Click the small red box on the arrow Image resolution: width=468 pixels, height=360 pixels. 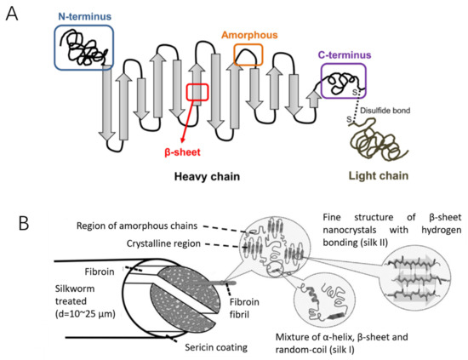pos(197,91)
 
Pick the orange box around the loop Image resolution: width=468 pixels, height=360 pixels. pos(248,54)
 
